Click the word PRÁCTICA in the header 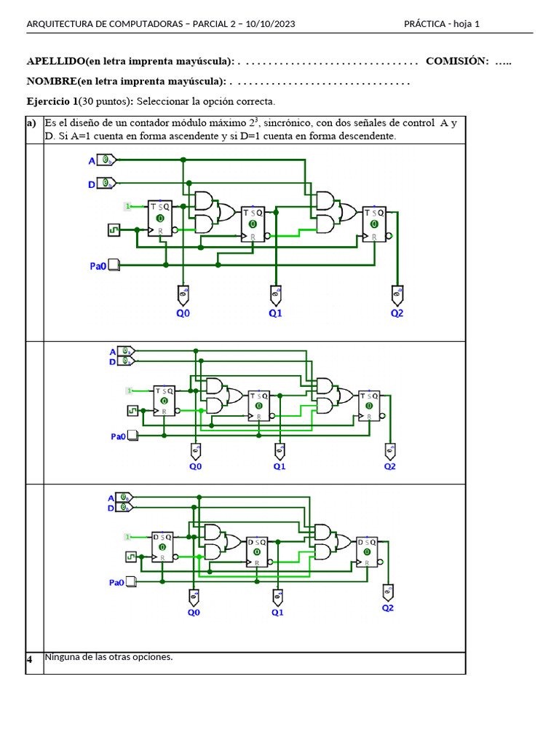(x=424, y=24)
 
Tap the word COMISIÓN (x=456, y=61)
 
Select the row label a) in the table (x=31, y=123)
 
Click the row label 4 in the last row (x=30, y=660)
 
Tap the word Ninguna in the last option (x=63, y=657)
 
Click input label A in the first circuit (x=92, y=160)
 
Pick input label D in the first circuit (x=92, y=184)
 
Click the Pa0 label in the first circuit (x=98, y=267)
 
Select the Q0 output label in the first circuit (x=183, y=313)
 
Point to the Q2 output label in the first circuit (x=397, y=313)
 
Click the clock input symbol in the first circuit (x=114, y=229)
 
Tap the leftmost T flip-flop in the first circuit (x=160, y=219)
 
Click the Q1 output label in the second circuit (x=279, y=467)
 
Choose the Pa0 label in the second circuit (x=118, y=436)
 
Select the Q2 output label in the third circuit (x=388, y=608)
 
